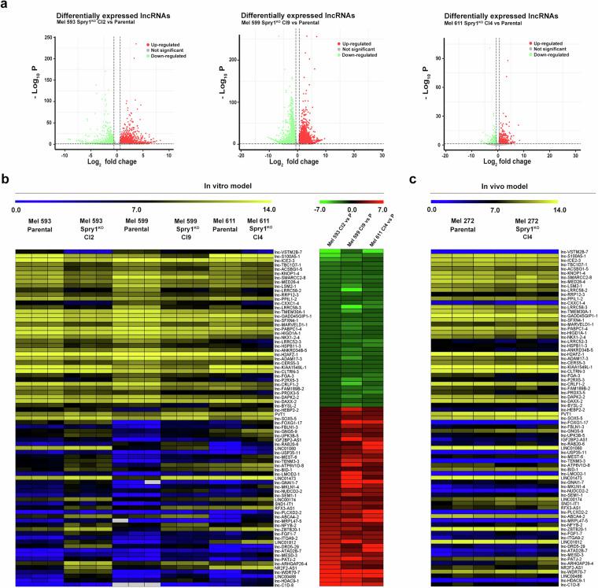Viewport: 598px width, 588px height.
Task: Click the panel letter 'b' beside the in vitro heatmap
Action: pos(5,182)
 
